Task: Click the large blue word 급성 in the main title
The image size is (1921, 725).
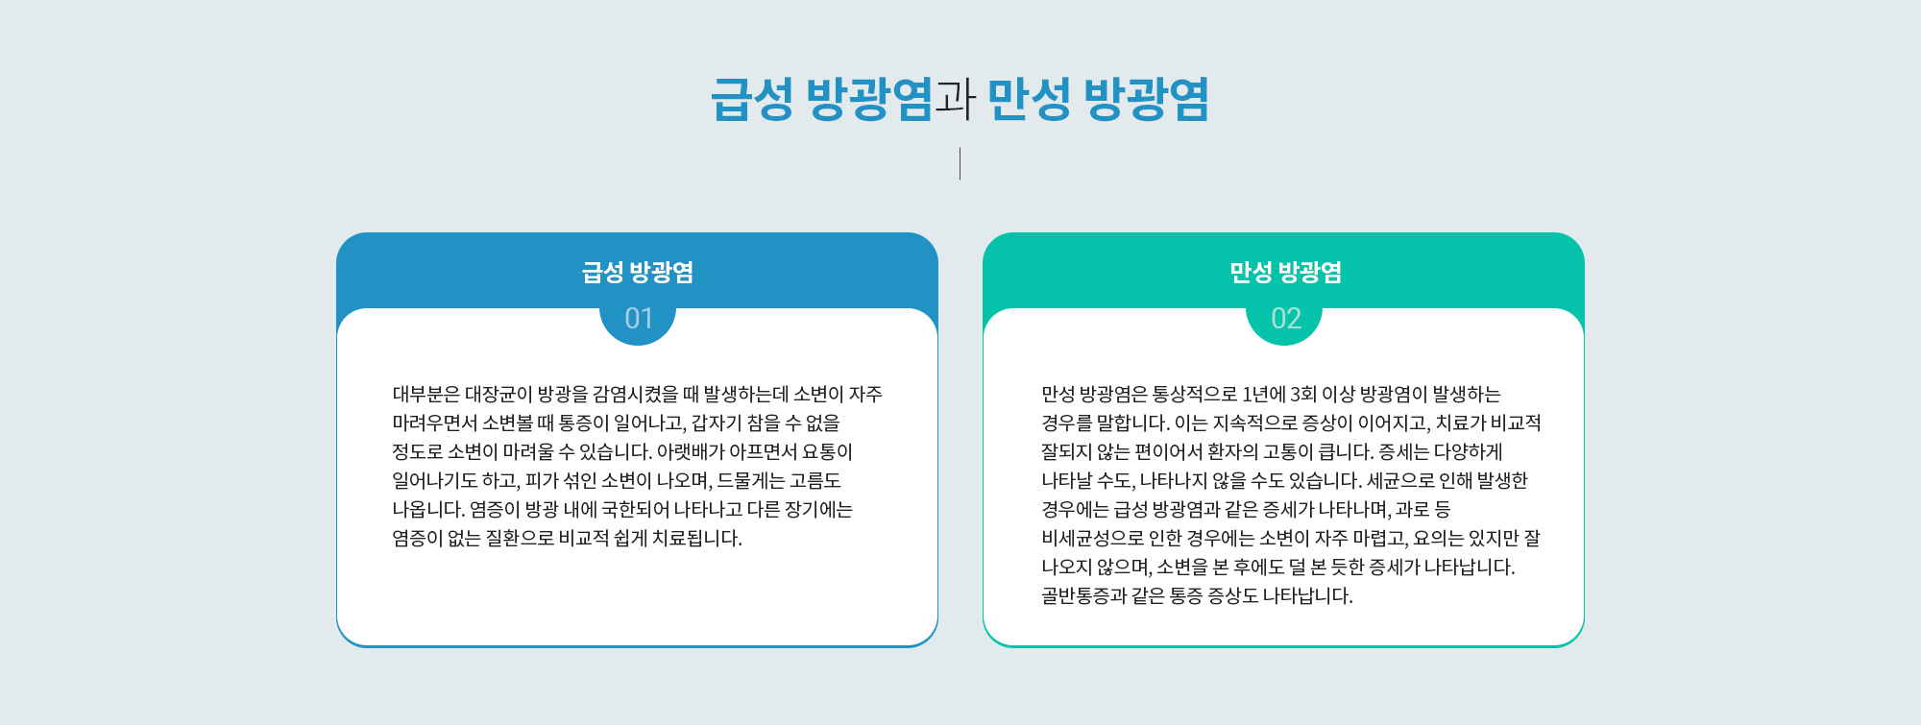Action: tap(752, 99)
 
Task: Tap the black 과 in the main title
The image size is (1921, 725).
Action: tap(956, 99)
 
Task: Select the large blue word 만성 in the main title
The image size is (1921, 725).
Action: tap(1029, 99)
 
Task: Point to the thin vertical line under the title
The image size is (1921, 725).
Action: tap(960, 163)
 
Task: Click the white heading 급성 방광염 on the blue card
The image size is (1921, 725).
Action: tap(638, 273)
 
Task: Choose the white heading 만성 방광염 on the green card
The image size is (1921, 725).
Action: tap(1285, 273)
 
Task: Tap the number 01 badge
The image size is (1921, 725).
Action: tap(638, 318)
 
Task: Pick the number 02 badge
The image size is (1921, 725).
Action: tap(1285, 318)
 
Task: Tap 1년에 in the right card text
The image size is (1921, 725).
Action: tap(1264, 394)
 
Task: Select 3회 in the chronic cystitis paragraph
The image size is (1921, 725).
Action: tap(1303, 394)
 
